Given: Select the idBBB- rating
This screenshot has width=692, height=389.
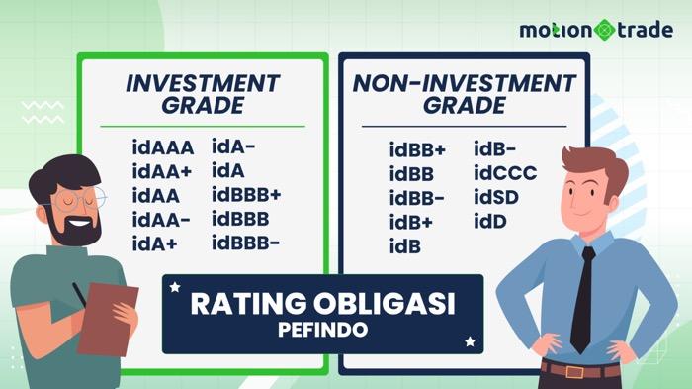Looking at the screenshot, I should click(x=245, y=242).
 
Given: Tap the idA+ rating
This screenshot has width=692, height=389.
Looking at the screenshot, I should click(x=155, y=242).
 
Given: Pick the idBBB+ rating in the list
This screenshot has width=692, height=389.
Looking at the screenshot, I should click(x=246, y=194).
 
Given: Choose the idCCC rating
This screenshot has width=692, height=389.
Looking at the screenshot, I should click(x=505, y=174).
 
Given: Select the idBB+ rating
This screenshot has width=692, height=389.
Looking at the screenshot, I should click(x=417, y=151).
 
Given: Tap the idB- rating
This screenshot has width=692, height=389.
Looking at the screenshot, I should click(x=495, y=150).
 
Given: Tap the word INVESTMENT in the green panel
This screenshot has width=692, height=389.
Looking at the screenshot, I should click(x=203, y=83).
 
